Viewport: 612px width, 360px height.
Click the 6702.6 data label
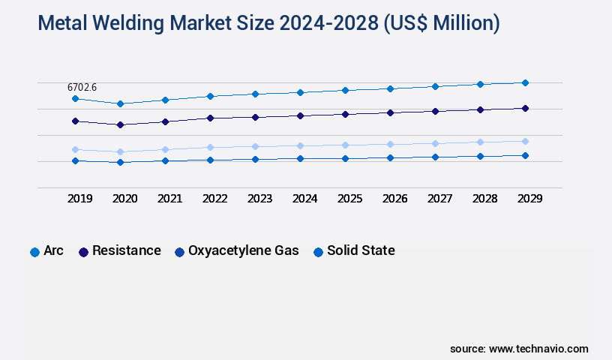(x=82, y=88)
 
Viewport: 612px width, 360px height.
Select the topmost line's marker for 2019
(x=75, y=99)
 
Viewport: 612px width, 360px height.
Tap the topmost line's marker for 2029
(x=525, y=82)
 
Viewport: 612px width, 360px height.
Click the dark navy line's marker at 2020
(x=120, y=124)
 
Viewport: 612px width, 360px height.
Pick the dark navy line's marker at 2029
(x=525, y=108)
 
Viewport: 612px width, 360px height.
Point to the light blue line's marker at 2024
(x=300, y=145)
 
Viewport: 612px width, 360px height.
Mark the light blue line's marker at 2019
(x=75, y=149)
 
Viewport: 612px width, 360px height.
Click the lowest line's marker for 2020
(x=120, y=162)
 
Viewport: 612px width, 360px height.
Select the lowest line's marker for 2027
(x=435, y=157)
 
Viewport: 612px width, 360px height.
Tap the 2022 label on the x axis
(x=214, y=199)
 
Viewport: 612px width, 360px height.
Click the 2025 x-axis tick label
(x=349, y=199)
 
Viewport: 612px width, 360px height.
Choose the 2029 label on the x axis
(x=529, y=199)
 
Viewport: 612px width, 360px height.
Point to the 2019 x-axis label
(x=79, y=199)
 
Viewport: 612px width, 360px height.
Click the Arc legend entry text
(x=53, y=251)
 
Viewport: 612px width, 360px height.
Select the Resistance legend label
(x=126, y=251)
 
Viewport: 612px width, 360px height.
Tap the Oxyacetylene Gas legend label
(x=243, y=251)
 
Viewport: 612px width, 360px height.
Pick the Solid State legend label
(x=361, y=251)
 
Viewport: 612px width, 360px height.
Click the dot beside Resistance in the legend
(x=84, y=252)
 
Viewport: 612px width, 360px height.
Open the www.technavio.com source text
(x=538, y=349)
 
